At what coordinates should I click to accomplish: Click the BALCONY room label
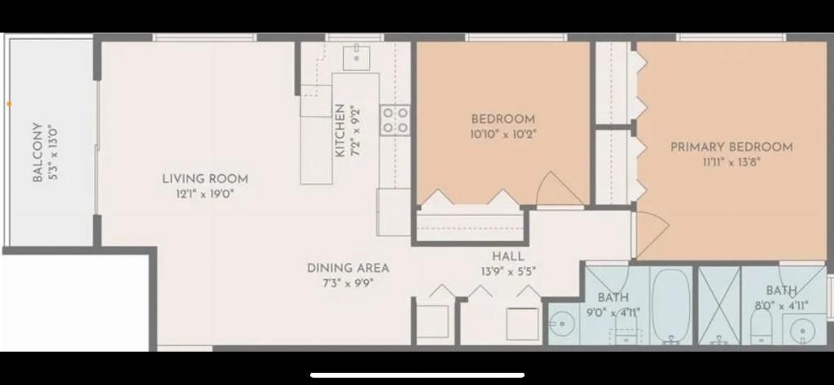click(x=37, y=152)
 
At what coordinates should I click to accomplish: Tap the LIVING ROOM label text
click(x=204, y=179)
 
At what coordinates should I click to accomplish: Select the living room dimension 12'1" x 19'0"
click(x=204, y=194)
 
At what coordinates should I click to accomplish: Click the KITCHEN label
click(x=340, y=131)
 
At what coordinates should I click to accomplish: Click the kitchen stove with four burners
click(x=396, y=120)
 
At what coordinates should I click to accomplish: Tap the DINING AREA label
click(x=348, y=268)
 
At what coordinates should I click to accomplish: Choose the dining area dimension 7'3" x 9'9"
click(x=348, y=283)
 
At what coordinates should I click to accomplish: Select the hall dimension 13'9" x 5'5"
click(x=508, y=271)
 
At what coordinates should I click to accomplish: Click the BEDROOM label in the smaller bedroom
click(x=503, y=119)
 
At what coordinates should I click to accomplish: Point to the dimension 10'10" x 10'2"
click(x=503, y=133)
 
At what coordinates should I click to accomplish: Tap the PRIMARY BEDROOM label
click(x=731, y=147)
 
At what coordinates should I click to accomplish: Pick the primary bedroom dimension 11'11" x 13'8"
click(x=731, y=162)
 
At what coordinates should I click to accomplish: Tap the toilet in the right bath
click(x=761, y=327)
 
